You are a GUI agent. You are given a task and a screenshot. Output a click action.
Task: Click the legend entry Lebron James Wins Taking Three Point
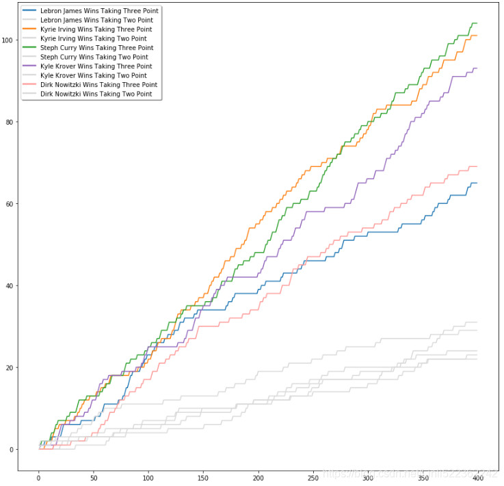[x=96, y=12]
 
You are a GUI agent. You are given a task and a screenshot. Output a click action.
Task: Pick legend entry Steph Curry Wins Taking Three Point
[x=96, y=48]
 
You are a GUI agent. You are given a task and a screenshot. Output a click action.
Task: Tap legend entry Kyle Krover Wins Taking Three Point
[x=96, y=66]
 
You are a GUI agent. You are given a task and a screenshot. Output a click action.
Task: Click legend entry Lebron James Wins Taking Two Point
[x=96, y=21]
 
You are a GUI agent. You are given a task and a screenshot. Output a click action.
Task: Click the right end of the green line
[x=477, y=23]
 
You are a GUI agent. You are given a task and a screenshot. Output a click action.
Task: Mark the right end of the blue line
[x=477, y=183]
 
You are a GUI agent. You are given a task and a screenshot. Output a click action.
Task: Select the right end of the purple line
[x=477, y=68]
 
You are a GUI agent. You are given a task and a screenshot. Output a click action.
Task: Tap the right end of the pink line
[x=477, y=166]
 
